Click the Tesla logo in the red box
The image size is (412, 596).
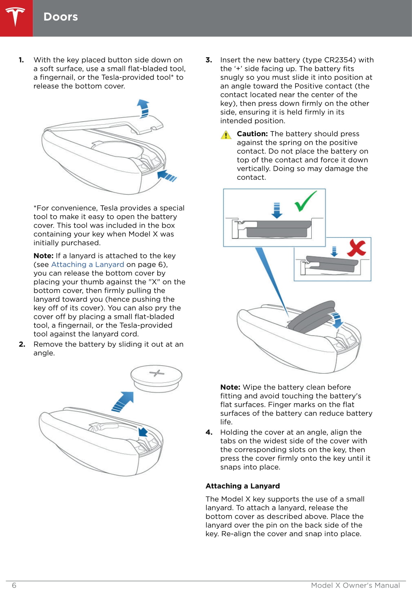(x=16, y=17)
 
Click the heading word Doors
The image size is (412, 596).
(x=61, y=17)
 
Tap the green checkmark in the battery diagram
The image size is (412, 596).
(x=306, y=201)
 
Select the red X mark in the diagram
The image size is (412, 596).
(x=356, y=248)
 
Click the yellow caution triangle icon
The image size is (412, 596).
(x=226, y=135)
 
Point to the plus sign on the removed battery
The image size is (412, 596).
(x=157, y=373)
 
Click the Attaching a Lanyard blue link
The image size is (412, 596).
(x=88, y=264)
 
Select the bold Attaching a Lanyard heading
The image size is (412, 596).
(x=242, y=486)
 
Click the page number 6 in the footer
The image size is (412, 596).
(x=14, y=585)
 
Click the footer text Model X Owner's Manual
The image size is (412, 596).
(x=355, y=585)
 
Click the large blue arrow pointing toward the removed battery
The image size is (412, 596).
(x=123, y=401)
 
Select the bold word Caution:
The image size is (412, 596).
(x=252, y=134)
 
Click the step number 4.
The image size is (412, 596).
(x=209, y=432)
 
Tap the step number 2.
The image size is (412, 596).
(x=22, y=344)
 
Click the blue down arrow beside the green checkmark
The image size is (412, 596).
(x=277, y=211)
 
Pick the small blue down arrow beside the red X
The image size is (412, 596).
(x=334, y=251)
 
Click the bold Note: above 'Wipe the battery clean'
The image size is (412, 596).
(x=230, y=387)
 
